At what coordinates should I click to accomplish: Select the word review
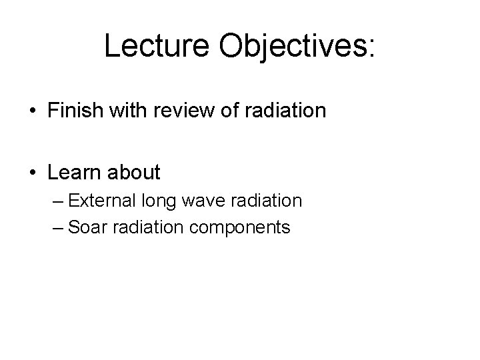click(189, 110)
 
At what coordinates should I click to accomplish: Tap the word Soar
click(83, 227)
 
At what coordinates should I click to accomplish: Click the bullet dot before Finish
click(32, 111)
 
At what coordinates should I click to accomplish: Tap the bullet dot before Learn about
click(32, 173)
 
